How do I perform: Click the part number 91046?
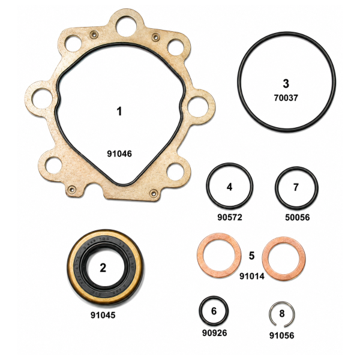point(119,154)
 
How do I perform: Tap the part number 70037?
point(286,98)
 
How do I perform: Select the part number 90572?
point(230,217)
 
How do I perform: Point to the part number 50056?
point(298,217)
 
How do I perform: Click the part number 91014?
point(252,276)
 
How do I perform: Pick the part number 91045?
point(103,315)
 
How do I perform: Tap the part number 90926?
point(214,332)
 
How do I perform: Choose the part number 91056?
point(281,335)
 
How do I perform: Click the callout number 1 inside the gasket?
point(119,112)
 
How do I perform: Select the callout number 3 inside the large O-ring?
point(286,83)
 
